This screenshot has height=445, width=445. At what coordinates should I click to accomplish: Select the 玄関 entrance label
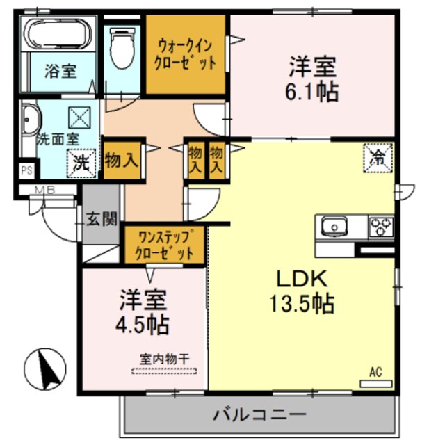tap(101, 219)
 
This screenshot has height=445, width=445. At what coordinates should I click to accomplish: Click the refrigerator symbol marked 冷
tap(378, 156)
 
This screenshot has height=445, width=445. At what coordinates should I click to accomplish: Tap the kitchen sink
tap(334, 227)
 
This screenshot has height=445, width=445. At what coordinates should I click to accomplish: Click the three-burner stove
tap(381, 226)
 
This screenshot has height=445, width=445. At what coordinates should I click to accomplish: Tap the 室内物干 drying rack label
tap(165, 359)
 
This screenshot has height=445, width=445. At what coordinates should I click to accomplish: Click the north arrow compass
tap(47, 369)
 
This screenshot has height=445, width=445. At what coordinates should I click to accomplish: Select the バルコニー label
tap(259, 415)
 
